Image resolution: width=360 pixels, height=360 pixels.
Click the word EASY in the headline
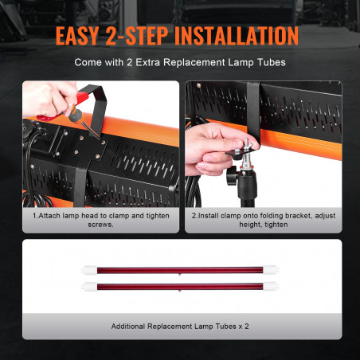pos(77,36)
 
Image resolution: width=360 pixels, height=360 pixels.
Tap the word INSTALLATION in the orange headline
pos(237,36)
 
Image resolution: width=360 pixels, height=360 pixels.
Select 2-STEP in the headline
pos(137,36)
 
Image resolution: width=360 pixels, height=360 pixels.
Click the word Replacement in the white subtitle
pos(194,63)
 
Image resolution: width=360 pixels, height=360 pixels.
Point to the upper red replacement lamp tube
pos(180,271)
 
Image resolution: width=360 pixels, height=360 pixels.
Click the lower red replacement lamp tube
pos(180,287)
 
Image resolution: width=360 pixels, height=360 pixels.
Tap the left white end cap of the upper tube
pos(89,271)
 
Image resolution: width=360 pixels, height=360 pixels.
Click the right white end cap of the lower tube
pos(271,287)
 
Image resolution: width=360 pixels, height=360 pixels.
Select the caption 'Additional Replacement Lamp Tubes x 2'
pos(180,327)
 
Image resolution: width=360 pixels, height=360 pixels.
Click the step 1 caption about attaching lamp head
pos(101,220)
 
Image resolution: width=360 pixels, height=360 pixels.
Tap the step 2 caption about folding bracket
pos(264,220)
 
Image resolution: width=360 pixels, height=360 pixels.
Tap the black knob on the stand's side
pos(231,175)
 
